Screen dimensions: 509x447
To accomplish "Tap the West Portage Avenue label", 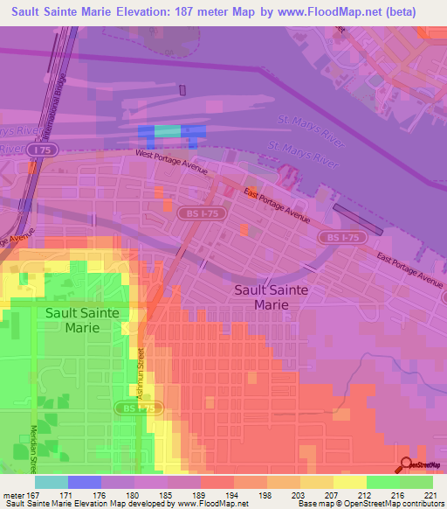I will tap(171, 160).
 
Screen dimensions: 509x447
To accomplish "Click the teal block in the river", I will tap(168, 131).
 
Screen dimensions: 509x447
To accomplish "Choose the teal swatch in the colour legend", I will tap(51, 482).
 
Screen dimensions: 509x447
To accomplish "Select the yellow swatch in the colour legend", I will tap(350, 482).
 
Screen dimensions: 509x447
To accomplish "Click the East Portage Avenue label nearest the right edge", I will tap(409, 268).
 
